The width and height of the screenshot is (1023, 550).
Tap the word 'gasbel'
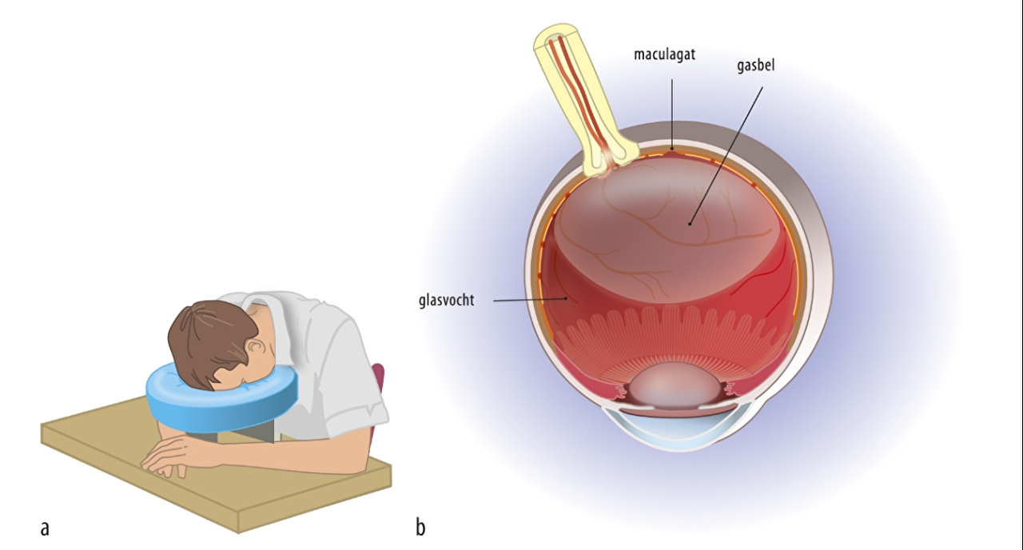click(x=755, y=66)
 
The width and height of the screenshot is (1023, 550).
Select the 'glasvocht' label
click(x=446, y=301)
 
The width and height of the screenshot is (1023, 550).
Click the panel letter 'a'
click(x=45, y=528)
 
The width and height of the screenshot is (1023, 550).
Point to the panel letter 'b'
click(x=420, y=528)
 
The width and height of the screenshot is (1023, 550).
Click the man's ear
click(x=257, y=349)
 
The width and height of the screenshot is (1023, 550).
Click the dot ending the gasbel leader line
click(x=690, y=223)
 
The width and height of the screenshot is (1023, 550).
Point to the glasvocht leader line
click(x=527, y=301)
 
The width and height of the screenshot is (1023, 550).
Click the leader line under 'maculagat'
click(x=672, y=112)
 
